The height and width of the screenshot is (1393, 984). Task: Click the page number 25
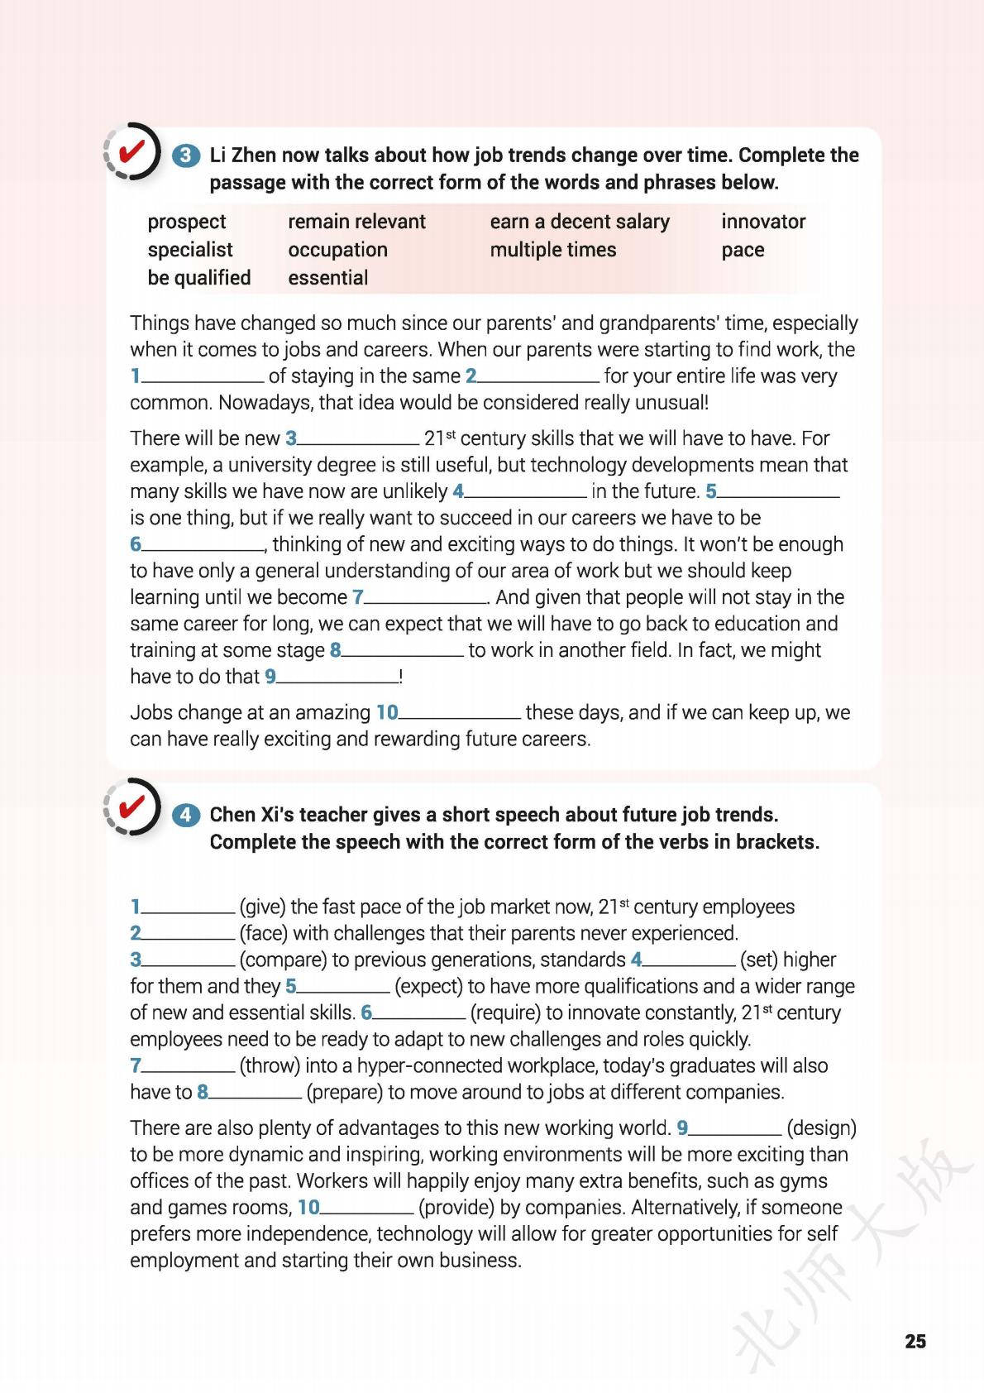point(915,1342)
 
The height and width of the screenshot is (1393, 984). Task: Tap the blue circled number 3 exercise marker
point(186,156)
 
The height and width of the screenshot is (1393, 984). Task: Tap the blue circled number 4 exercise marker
point(186,815)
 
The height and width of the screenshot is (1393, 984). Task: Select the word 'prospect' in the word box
point(186,222)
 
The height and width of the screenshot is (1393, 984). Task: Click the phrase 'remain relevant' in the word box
point(356,222)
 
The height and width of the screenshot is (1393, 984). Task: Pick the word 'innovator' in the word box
point(762,222)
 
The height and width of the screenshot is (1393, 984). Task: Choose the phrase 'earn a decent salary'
point(579,222)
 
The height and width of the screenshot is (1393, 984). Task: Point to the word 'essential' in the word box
point(328,278)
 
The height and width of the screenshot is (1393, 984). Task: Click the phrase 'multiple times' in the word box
point(552,250)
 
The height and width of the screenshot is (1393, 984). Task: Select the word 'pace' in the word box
point(742,250)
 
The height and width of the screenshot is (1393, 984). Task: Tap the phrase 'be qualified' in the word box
point(198,278)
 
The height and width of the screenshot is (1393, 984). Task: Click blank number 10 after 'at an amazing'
point(460,713)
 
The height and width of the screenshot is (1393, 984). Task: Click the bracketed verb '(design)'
point(821,1127)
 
